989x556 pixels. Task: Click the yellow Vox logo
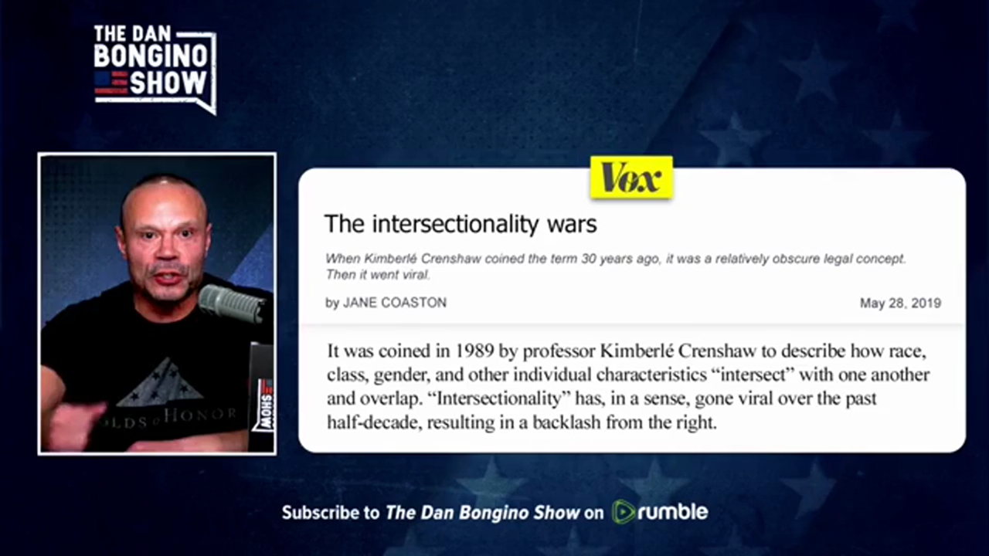coord(631,178)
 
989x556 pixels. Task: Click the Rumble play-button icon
coord(624,512)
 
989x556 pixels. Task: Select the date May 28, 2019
coord(900,303)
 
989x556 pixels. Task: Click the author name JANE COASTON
coord(395,303)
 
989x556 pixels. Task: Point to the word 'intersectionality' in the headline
coord(456,224)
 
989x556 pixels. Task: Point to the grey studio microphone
coord(232,303)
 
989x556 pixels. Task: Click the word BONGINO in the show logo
coord(151,56)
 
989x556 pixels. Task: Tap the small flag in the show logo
coord(111,83)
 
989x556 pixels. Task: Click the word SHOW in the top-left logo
coord(168,83)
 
